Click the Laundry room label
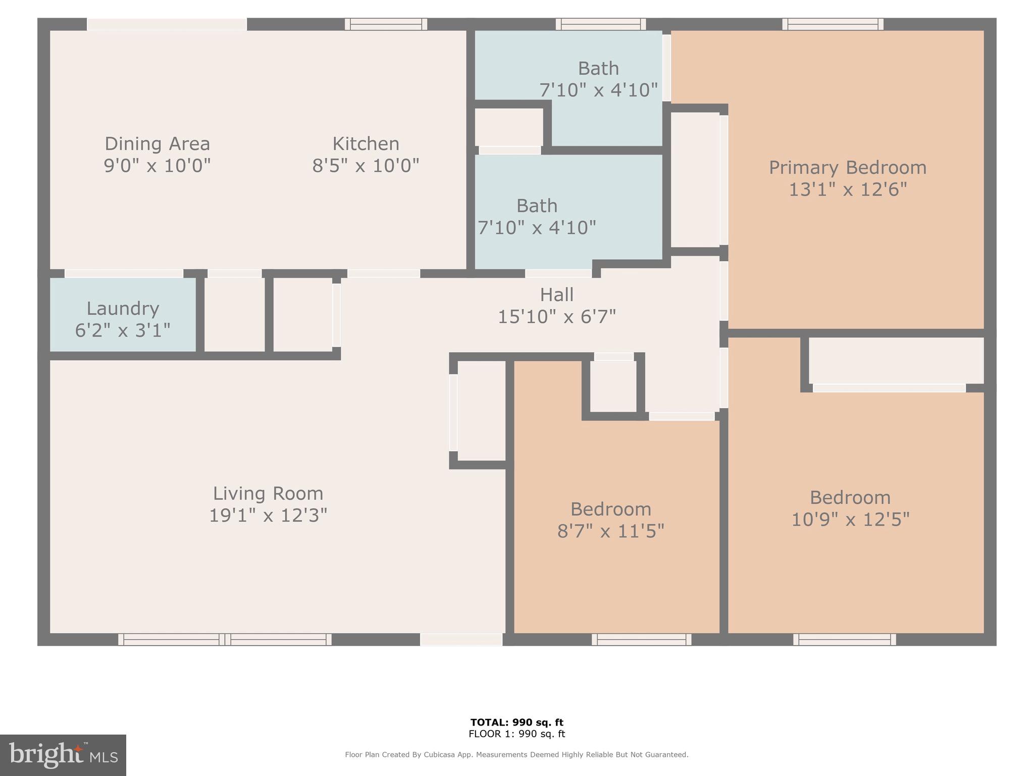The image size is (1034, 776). [x=123, y=308]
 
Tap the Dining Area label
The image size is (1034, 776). [x=157, y=143]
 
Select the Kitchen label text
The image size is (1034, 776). [x=366, y=143]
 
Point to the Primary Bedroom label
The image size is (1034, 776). [x=848, y=168]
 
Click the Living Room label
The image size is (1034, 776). [x=268, y=494]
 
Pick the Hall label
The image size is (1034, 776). [x=556, y=295]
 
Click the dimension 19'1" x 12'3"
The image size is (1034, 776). [x=268, y=515]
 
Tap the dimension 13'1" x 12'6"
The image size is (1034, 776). [x=848, y=189]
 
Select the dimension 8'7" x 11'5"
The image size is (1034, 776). [x=610, y=531]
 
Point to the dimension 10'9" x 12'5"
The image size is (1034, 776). [x=850, y=519]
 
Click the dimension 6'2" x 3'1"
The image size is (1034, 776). [x=123, y=330]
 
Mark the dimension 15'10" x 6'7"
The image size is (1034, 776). [x=557, y=317]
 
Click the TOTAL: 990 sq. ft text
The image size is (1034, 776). [x=516, y=722]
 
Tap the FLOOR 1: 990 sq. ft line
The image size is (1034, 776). [x=516, y=734]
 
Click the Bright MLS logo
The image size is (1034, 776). [x=63, y=755]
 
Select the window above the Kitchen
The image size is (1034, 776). [x=386, y=24]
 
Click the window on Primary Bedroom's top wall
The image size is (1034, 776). [x=833, y=24]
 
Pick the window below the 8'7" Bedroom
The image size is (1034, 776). [x=642, y=640]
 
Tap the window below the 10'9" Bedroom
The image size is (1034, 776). [x=845, y=640]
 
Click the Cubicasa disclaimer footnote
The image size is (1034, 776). [x=516, y=755]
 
